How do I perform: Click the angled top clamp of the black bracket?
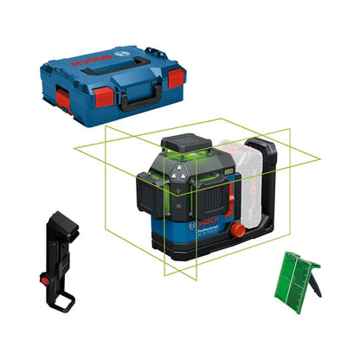click(56, 217)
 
